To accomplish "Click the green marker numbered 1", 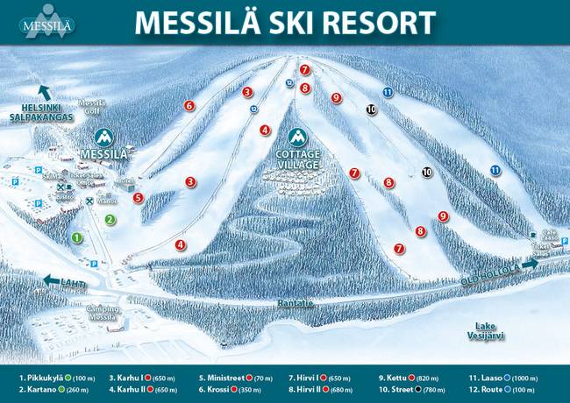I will pyautogui.click(x=76, y=237).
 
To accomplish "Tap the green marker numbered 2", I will pyautogui.click(x=110, y=219).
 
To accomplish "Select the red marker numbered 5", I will pyautogui.click(x=138, y=198).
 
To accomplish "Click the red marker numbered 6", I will pyautogui.click(x=189, y=106).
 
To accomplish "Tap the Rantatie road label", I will pyautogui.click(x=296, y=303).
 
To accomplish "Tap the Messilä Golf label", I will pyautogui.click(x=92, y=108).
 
